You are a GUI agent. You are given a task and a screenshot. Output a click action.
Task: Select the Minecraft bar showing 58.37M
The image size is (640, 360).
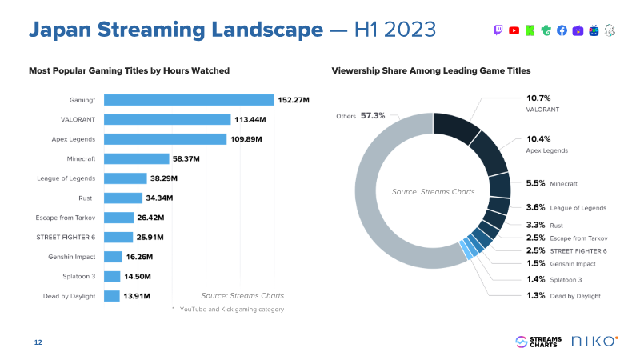[x=137, y=158]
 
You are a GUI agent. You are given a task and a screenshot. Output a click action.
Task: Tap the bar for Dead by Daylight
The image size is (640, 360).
[x=112, y=296]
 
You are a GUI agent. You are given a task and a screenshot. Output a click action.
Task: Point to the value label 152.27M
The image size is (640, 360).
[x=294, y=100]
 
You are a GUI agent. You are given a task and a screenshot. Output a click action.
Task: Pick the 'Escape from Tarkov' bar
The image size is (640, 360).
[x=119, y=218]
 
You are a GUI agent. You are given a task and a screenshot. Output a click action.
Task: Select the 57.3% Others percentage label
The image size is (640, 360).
[x=373, y=116]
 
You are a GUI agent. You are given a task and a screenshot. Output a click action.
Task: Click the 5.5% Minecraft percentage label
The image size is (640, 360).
[x=535, y=183]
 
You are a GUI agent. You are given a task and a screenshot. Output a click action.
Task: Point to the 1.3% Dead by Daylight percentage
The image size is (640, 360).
[x=535, y=295]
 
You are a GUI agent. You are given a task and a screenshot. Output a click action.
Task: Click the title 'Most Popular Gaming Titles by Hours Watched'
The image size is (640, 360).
[x=129, y=71]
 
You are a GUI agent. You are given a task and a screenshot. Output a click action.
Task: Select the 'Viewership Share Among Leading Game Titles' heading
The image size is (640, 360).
[x=430, y=71]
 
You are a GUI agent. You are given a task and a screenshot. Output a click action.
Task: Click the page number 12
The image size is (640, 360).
[x=38, y=343]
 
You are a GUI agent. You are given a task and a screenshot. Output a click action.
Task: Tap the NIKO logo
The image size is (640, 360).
[x=594, y=342]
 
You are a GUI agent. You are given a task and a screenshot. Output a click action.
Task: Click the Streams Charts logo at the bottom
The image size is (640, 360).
[x=539, y=342]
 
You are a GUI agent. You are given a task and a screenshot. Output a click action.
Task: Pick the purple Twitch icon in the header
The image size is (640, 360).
[x=498, y=30]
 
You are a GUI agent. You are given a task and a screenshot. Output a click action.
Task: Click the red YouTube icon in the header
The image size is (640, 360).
[x=514, y=30]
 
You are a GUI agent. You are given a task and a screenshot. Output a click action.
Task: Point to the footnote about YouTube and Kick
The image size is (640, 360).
[x=228, y=309]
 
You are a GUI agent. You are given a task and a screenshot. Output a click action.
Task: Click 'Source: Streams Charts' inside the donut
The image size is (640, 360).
[x=433, y=192]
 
